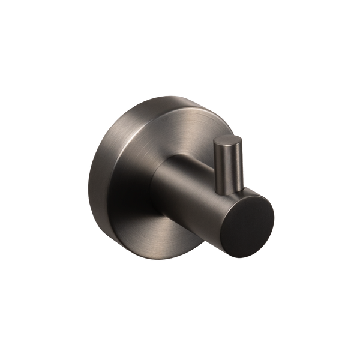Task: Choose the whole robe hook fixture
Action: coord(180,180)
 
